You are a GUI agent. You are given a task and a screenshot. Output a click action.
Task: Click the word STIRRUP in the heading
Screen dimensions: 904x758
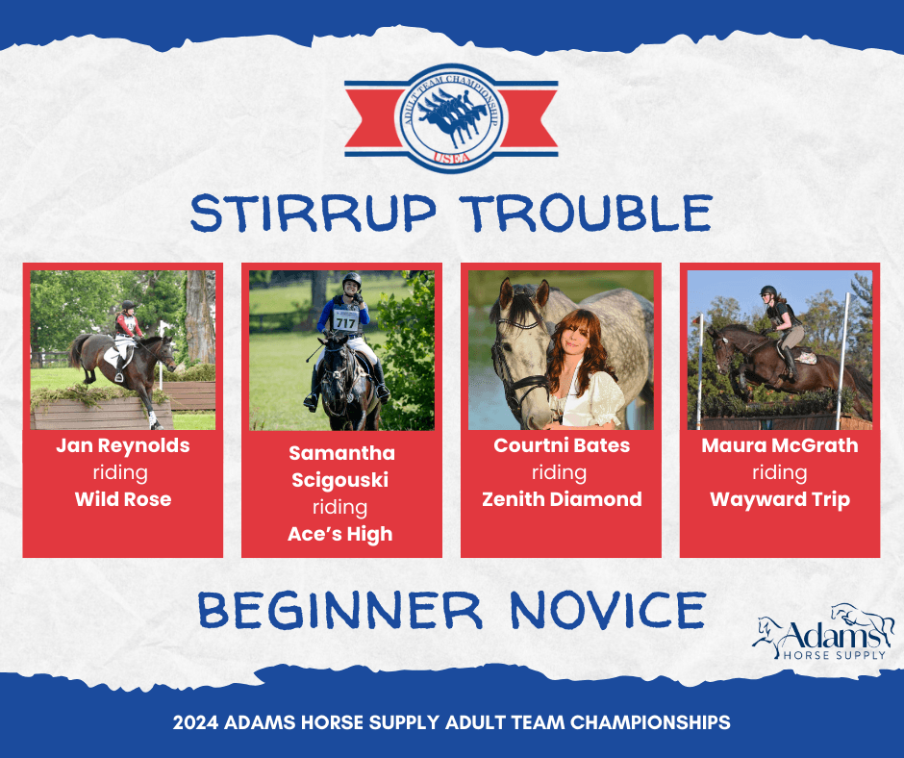click(x=314, y=213)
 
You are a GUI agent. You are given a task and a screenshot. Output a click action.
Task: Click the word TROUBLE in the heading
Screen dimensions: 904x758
click(x=588, y=213)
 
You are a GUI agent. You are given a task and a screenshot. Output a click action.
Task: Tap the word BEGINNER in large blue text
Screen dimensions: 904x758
click(x=339, y=610)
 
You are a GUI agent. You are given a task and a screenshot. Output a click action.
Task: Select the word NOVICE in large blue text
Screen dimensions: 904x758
click(x=608, y=610)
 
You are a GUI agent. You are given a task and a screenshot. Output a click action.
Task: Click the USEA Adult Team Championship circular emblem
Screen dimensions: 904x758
click(x=451, y=118)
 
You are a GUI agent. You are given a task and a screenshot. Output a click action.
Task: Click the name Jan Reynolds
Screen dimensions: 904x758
click(x=123, y=445)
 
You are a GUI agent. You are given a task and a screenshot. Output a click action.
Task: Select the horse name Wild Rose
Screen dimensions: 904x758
click(x=123, y=499)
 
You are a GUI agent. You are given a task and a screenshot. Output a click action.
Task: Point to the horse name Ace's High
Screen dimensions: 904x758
click(x=340, y=534)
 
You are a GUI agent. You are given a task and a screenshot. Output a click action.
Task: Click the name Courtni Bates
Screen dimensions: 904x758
click(x=562, y=445)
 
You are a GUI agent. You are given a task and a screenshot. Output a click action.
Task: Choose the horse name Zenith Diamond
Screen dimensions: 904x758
click(x=562, y=499)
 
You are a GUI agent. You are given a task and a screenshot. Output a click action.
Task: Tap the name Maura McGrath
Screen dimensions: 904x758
click(x=780, y=445)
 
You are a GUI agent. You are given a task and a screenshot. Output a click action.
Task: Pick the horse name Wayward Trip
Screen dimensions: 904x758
click(x=780, y=499)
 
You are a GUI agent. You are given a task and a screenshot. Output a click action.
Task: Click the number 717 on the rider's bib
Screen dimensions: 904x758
click(x=345, y=322)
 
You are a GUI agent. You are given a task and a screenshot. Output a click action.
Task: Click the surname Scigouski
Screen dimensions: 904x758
click(x=339, y=481)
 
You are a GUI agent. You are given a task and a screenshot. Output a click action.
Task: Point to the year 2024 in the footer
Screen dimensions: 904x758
click(x=195, y=722)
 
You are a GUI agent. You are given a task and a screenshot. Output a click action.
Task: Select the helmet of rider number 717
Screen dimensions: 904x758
click(x=352, y=281)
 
